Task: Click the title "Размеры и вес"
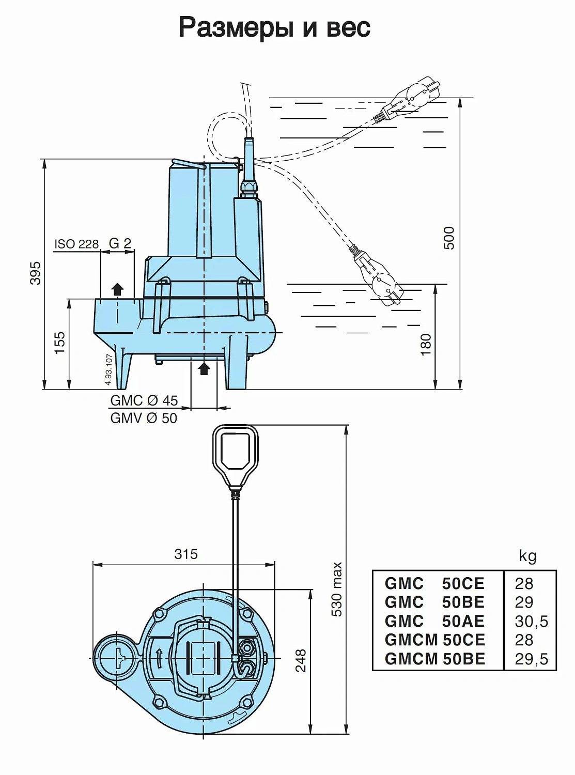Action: click(x=274, y=27)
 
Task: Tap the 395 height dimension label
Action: click(x=35, y=273)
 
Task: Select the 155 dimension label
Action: click(x=60, y=343)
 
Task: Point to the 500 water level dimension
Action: click(x=449, y=238)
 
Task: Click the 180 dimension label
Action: click(x=425, y=345)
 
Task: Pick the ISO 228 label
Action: click(x=76, y=244)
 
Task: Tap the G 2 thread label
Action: click(x=120, y=243)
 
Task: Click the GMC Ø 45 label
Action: click(x=144, y=400)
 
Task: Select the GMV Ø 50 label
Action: click(x=144, y=418)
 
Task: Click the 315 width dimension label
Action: click(x=186, y=554)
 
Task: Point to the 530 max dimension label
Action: click(x=337, y=589)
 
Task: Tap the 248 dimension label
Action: click(x=300, y=661)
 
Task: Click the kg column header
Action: click(x=527, y=556)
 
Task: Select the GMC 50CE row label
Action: click(x=434, y=584)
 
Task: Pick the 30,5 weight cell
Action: click(x=531, y=622)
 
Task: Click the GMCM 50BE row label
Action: click(x=435, y=659)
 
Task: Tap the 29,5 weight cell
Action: click(x=531, y=659)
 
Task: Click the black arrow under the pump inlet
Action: click(x=205, y=368)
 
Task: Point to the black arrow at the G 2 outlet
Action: click(x=118, y=289)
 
